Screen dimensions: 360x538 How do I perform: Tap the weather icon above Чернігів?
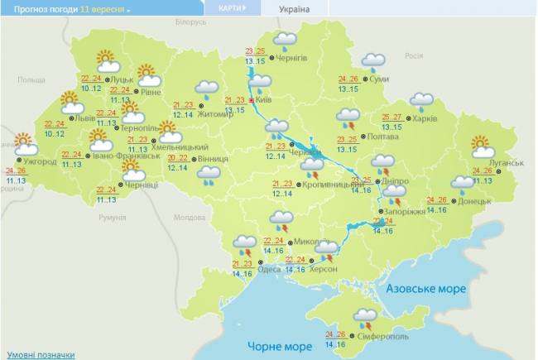click(x=286, y=40)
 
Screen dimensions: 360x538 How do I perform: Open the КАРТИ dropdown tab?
click(x=231, y=7)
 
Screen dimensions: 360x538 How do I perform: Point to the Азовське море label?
click(x=425, y=289)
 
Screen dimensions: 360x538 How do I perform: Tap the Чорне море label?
click(x=280, y=346)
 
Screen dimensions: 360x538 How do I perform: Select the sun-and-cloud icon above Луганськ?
click(x=483, y=146)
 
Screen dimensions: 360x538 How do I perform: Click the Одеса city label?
click(x=268, y=270)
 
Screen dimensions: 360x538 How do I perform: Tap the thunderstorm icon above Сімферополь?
click(x=365, y=315)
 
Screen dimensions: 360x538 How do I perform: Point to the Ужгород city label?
click(x=39, y=161)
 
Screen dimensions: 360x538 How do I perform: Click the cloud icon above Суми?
click(x=373, y=60)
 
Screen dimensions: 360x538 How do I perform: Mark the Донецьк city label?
click(x=474, y=201)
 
